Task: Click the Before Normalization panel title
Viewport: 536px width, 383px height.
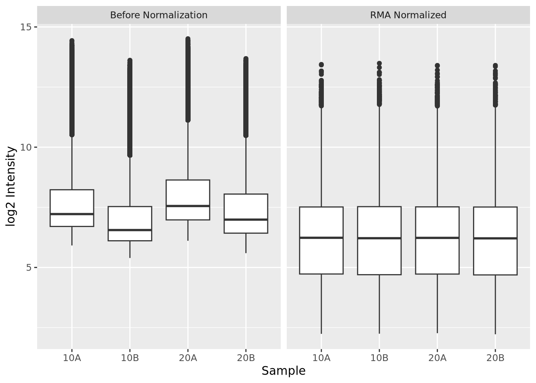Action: tap(159, 15)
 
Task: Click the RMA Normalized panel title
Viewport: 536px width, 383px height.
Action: tap(408, 15)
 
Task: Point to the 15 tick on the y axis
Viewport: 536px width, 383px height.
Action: tap(26, 27)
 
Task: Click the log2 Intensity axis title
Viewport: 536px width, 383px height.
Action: tap(12, 187)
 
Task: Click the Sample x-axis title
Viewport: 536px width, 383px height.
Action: tap(283, 371)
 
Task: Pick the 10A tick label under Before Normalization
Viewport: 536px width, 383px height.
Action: tap(72, 358)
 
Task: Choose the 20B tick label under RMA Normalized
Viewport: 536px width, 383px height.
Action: tap(495, 358)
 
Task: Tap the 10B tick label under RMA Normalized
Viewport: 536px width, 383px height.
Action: tap(379, 358)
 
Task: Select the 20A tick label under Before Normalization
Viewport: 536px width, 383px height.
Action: tap(188, 358)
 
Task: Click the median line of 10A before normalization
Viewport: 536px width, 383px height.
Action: tap(72, 214)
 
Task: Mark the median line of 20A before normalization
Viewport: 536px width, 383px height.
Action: tap(188, 206)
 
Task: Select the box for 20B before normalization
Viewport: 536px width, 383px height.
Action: tap(246, 207)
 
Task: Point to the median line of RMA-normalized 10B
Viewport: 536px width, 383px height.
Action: tap(379, 238)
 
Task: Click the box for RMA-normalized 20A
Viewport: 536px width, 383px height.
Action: tap(437, 255)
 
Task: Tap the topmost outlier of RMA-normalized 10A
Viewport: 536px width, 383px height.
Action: tap(321, 65)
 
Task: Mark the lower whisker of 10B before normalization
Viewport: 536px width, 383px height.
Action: tap(130, 249)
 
